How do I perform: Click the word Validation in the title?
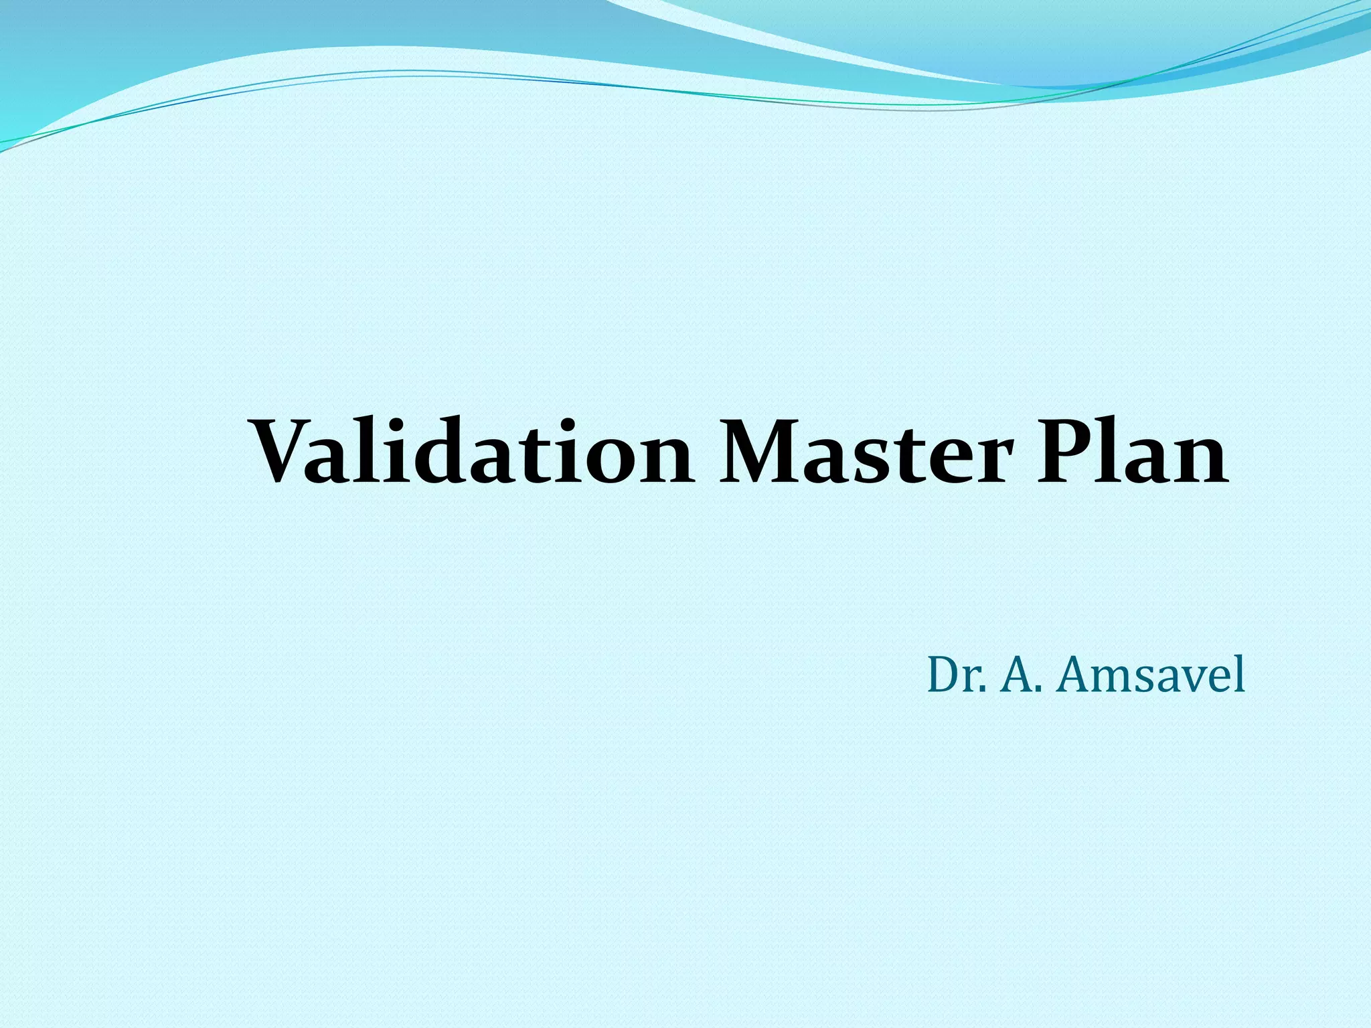point(472,452)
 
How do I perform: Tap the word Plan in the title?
point(1132,452)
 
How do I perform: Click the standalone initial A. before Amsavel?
point(1022,675)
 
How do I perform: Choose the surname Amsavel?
point(1151,675)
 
